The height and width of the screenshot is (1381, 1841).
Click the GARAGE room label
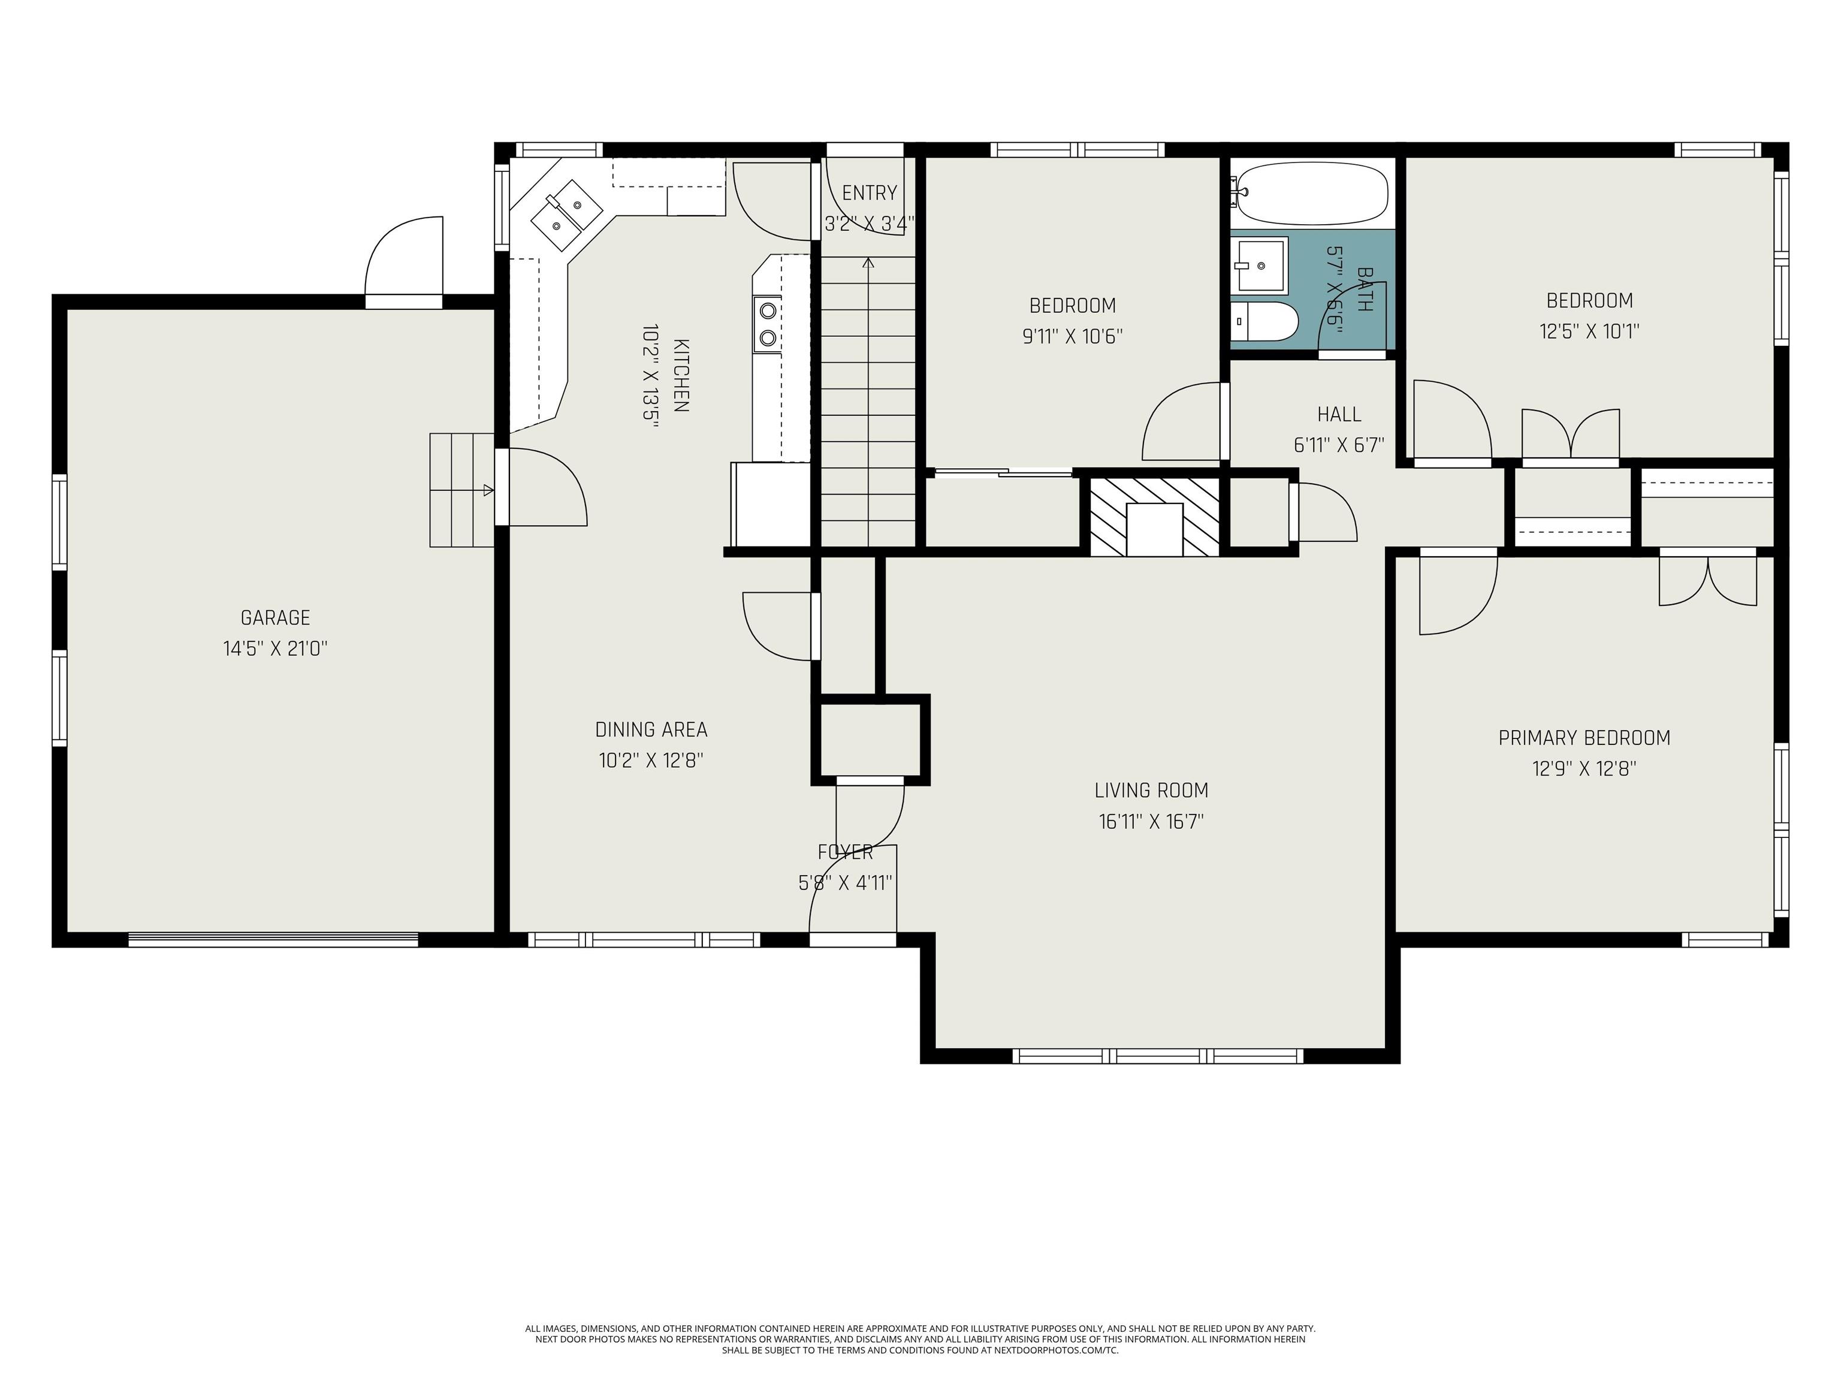point(276,617)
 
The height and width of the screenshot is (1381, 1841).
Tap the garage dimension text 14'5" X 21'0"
point(276,649)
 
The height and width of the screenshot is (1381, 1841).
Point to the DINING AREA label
point(651,730)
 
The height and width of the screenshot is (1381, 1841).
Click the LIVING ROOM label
point(1151,791)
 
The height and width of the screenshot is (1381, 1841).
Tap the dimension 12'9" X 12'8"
point(1585,769)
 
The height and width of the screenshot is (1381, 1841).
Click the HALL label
point(1339,415)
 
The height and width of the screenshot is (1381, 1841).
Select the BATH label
point(1364,289)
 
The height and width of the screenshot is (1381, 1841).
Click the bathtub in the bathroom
point(1310,193)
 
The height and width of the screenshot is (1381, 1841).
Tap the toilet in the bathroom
point(1264,321)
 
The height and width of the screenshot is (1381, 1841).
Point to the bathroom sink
point(1260,266)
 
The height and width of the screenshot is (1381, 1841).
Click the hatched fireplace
point(1154,516)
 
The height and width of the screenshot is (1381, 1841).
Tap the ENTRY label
point(870,193)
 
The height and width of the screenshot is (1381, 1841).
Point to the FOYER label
point(846,852)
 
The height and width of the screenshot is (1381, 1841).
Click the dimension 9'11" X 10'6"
point(1073,337)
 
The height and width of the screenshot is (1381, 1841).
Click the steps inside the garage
point(463,490)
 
